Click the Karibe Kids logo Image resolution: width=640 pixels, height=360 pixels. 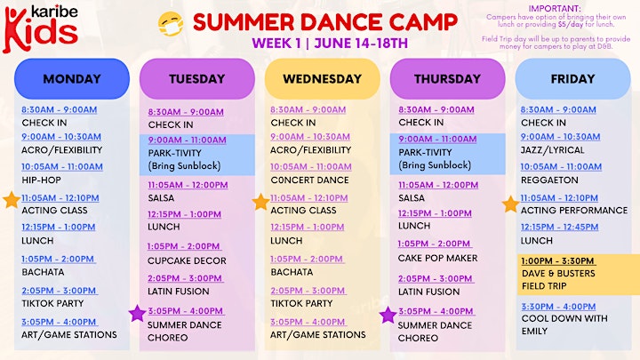40,28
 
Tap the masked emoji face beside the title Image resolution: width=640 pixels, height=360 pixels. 171,24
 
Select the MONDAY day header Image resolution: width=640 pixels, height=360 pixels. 72,79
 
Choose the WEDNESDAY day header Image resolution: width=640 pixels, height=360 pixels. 322,79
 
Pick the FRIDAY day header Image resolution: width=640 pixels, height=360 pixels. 572,79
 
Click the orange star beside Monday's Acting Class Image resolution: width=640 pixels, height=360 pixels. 12,200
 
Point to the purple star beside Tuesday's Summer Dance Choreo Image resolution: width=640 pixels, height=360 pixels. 137,313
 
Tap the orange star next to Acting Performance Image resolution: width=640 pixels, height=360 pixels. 510,204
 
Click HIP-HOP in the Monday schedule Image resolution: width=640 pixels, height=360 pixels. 41,180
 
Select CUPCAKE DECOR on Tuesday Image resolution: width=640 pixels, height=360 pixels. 187,260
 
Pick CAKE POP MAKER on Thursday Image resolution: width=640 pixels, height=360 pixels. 437,259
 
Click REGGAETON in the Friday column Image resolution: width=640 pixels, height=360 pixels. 549,180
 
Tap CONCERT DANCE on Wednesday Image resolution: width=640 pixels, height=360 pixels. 309,180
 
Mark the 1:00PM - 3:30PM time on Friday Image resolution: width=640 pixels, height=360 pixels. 558,260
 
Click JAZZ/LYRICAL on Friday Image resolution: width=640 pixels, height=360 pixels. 552,150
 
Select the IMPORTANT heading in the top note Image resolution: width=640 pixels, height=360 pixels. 555,9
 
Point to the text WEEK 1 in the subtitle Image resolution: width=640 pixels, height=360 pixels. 276,44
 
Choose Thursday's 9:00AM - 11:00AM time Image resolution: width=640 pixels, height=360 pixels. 437,140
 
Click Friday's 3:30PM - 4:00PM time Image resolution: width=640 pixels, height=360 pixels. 558,307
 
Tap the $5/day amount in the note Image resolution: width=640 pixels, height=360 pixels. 570,25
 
